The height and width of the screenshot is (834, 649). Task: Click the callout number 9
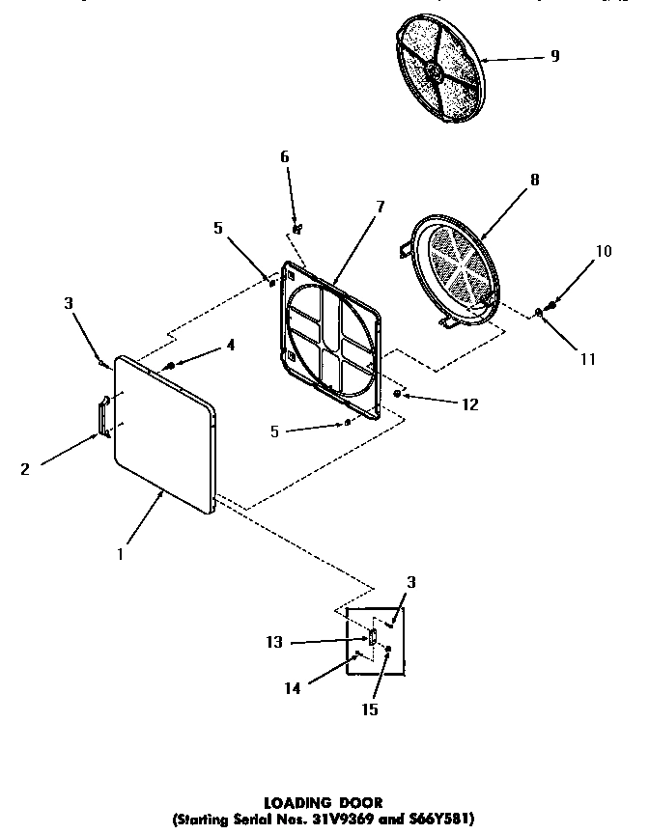pyautogui.click(x=554, y=56)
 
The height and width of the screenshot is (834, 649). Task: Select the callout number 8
pyautogui.click(x=534, y=180)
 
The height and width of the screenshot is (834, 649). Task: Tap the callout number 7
pyautogui.click(x=380, y=206)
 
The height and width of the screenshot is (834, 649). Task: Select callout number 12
pyautogui.click(x=470, y=403)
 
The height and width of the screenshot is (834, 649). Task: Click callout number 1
pyautogui.click(x=119, y=555)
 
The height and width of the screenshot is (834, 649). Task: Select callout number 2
pyautogui.click(x=24, y=470)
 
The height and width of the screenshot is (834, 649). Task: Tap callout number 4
pyautogui.click(x=230, y=345)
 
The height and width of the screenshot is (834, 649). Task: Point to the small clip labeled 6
pyautogui.click(x=296, y=230)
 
